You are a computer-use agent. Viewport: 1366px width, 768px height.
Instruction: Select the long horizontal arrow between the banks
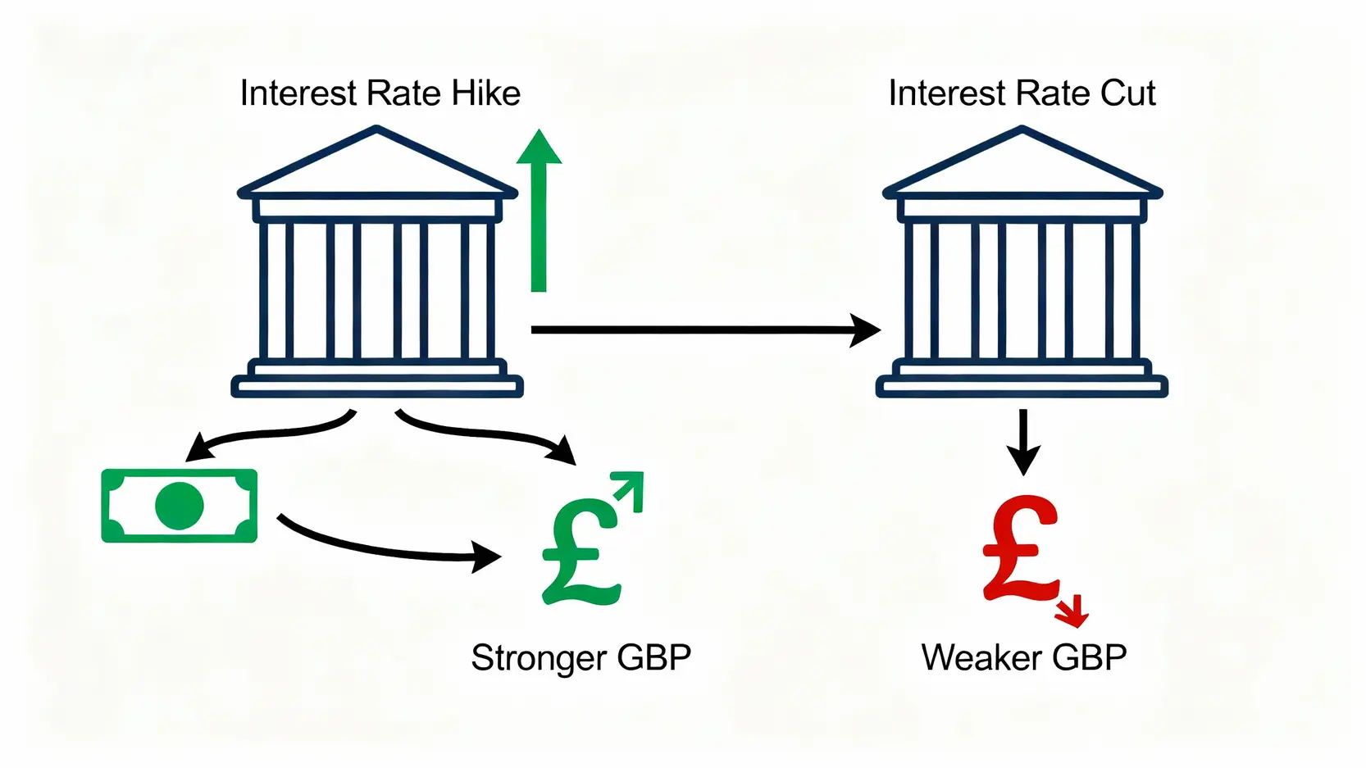tap(705, 329)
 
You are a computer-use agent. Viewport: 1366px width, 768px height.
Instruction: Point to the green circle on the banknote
tap(179, 505)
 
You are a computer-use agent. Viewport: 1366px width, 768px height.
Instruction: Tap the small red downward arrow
tap(1072, 611)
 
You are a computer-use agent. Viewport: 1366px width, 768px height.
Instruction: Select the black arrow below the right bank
tap(1022, 443)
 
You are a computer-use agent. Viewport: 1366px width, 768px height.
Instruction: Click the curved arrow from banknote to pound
tap(385, 548)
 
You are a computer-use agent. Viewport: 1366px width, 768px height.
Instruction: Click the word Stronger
tap(538, 658)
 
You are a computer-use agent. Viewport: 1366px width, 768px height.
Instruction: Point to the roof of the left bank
tap(377, 164)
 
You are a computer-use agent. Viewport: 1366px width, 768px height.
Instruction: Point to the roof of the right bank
tap(1022, 164)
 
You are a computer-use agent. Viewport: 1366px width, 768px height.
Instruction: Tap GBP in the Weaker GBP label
tap(1089, 658)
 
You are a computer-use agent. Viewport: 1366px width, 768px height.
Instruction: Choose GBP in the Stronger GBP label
tap(653, 658)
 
